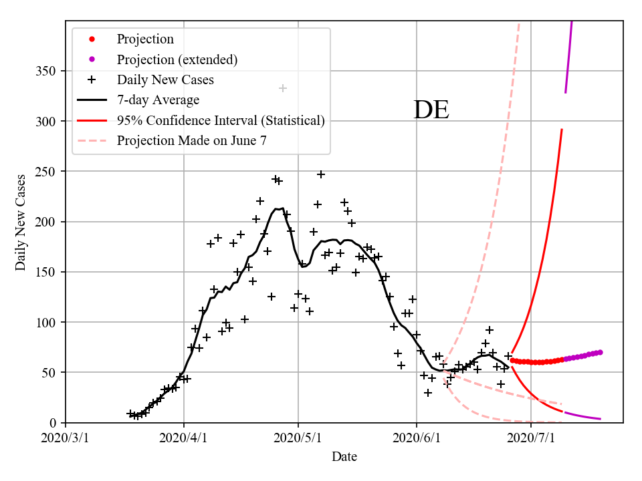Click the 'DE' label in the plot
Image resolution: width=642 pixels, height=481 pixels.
(x=431, y=110)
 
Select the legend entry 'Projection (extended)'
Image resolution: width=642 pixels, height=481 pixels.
(x=177, y=59)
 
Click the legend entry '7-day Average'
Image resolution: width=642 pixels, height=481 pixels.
(x=158, y=100)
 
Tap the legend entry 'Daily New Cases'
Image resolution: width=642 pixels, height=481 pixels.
(x=165, y=80)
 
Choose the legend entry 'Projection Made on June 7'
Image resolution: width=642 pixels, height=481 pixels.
(x=192, y=140)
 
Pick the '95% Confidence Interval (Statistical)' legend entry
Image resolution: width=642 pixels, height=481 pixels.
(x=221, y=120)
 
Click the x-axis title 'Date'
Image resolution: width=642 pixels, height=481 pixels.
(x=344, y=457)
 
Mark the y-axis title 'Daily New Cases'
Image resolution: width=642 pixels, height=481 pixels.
(x=21, y=222)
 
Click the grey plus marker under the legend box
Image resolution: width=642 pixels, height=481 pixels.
(x=283, y=88)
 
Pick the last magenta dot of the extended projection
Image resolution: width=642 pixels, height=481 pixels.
(x=600, y=352)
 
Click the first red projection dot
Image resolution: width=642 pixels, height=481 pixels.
(x=512, y=360)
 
